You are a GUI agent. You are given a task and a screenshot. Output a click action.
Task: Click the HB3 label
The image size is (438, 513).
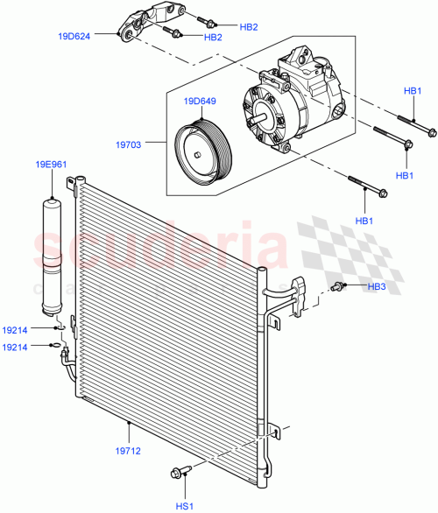coord(376,286)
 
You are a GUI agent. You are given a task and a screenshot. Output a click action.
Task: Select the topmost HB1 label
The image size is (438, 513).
coord(413,92)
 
